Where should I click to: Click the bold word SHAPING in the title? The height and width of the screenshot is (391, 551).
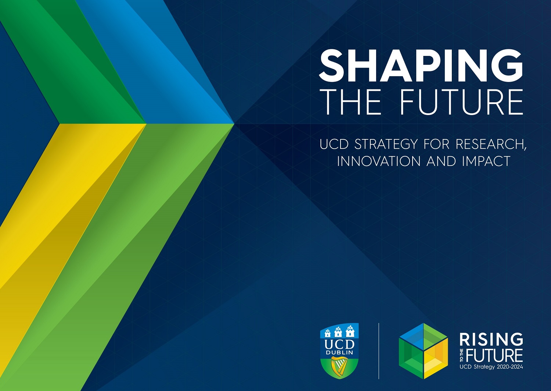tap(421, 65)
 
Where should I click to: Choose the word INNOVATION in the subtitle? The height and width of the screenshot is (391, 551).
tap(379, 161)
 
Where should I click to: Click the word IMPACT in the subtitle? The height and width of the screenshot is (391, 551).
tap(486, 161)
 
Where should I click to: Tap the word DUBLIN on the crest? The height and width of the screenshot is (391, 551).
tap(339, 353)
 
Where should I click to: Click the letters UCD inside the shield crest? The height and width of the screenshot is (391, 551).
tap(339, 345)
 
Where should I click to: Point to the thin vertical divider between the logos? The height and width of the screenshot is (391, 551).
tap(379, 351)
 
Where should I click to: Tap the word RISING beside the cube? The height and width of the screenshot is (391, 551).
tap(491, 340)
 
